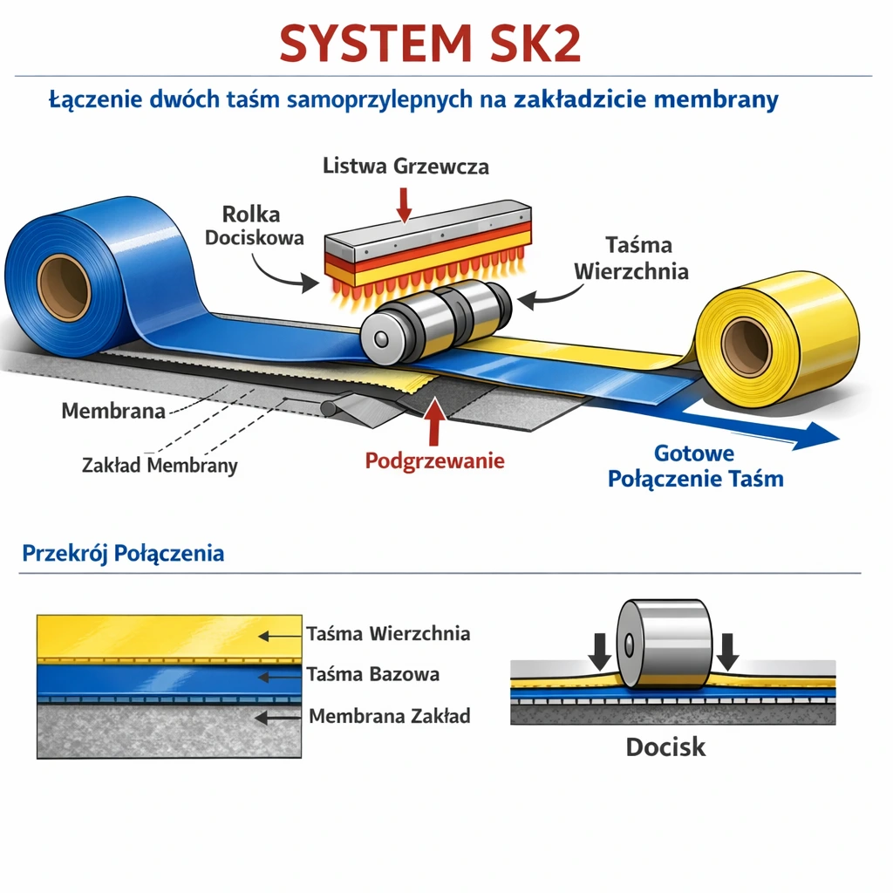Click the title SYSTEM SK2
(430, 43)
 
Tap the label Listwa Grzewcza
(406, 166)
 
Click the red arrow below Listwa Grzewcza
(404, 203)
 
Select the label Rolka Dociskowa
(253, 225)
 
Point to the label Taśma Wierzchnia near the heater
(631, 258)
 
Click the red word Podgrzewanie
(434, 460)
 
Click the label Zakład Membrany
(160, 465)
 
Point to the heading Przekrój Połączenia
(123, 553)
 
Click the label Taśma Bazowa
(372, 674)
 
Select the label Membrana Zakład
(389, 716)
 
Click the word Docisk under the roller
(665, 746)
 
